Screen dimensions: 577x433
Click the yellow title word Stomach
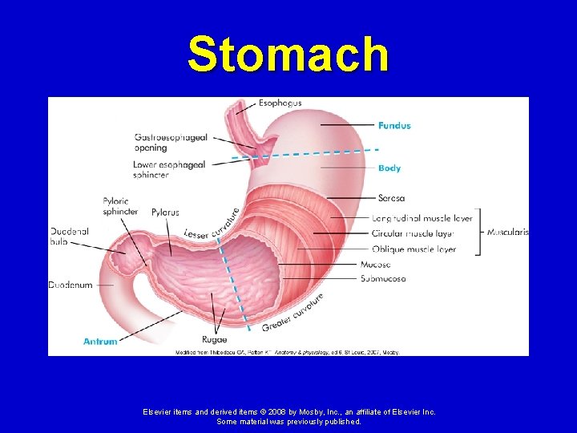click(288, 55)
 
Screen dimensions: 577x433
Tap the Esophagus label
click(280, 103)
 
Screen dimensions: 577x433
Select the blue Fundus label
click(394, 125)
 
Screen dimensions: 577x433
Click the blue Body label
click(389, 168)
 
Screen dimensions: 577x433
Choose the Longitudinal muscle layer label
click(422, 218)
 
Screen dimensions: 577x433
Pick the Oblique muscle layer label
click(414, 249)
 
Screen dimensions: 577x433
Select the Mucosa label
click(376, 264)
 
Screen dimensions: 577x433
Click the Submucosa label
click(383, 279)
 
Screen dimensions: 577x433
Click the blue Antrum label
click(100, 342)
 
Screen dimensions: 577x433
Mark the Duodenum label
click(71, 285)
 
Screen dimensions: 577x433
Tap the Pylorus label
click(164, 212)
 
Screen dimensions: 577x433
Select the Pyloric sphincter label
click(120, 206)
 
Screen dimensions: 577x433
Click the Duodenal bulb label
click(70, 236)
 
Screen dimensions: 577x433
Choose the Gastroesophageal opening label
click(171, 143)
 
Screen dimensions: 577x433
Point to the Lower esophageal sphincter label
click(169, 169)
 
